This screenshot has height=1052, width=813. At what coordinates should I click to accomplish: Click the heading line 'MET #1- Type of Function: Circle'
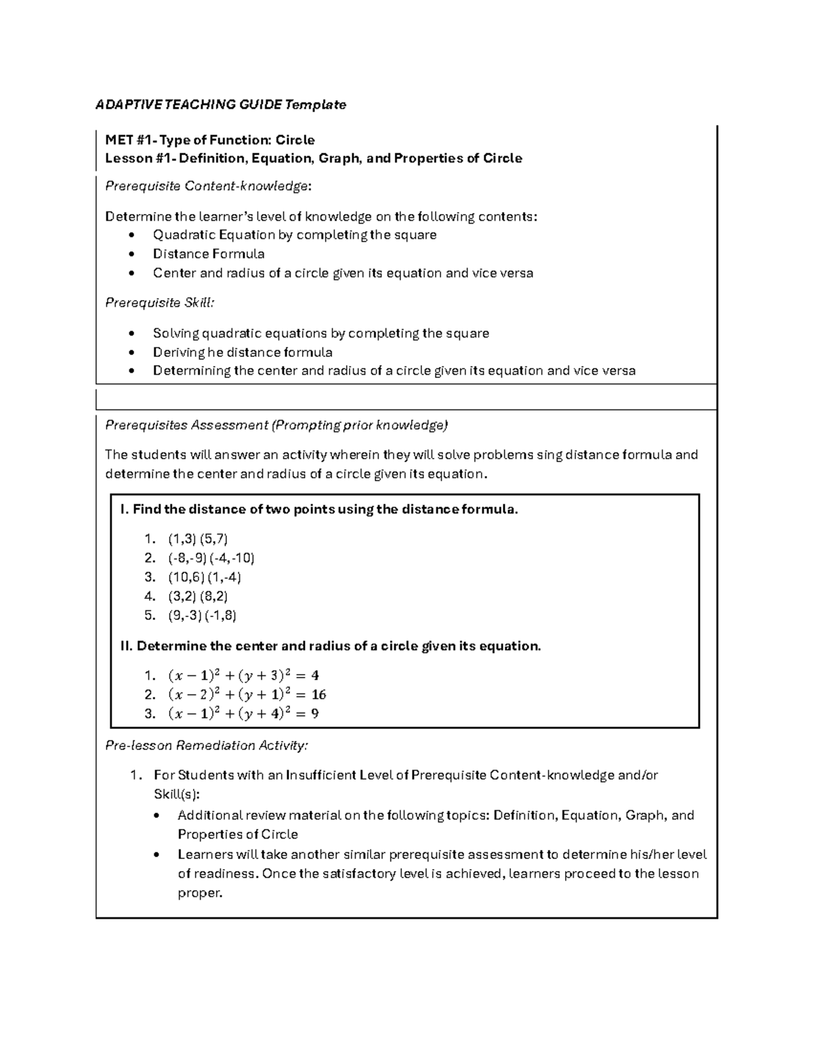(x=209, y=140)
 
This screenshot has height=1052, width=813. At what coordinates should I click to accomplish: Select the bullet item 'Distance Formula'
(x=209, y=254)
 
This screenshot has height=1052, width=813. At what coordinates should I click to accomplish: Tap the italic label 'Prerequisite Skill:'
(x=159, y=303)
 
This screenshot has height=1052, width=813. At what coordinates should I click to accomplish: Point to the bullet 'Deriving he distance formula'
(x=243, y=352)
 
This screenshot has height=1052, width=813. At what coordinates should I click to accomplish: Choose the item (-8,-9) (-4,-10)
(x=211, y=558)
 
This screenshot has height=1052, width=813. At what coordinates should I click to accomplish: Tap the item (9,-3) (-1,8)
(x=202, y=615)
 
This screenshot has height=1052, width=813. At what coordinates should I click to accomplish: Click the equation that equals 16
(x=247, y=694)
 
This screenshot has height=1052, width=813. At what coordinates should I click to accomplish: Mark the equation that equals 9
(x=243, y=713)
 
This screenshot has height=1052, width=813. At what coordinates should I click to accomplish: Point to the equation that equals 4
(x=243, y=675)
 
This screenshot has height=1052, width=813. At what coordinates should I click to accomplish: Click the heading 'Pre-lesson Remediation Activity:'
(x=207, y=746)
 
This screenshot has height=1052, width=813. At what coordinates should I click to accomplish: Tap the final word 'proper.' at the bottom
(x=200, y=893)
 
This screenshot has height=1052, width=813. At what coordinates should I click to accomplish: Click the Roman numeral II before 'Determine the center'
(x=126, y=646)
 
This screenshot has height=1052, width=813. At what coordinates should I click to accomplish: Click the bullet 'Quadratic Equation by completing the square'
(x=295, y=235)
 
